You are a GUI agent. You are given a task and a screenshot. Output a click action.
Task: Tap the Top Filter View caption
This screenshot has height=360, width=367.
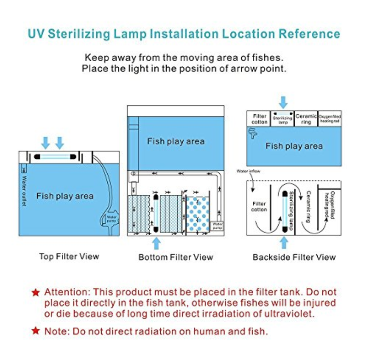[69, 256]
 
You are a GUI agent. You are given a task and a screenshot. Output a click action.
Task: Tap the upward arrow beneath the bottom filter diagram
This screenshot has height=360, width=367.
[157, 243]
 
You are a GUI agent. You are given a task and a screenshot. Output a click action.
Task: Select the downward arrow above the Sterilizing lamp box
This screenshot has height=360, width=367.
[283, 102]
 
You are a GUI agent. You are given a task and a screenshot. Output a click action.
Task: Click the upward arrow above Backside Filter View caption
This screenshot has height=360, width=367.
[284, 242]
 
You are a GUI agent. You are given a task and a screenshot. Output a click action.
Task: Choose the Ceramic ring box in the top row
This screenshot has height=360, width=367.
[306, 119]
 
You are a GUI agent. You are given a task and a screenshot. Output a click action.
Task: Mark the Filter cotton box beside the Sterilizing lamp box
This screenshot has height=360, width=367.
[259, 119]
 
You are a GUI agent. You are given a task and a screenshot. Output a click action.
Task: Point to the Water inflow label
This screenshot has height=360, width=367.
[248, 171]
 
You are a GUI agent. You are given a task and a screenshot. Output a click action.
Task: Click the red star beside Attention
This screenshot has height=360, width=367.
[35, 292]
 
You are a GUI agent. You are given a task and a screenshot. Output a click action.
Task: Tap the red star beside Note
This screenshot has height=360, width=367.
[35, 331]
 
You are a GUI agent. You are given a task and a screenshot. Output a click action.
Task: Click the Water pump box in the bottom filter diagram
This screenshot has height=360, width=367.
[217, 226]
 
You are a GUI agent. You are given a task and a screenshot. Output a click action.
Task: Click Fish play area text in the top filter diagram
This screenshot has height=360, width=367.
[65, 196]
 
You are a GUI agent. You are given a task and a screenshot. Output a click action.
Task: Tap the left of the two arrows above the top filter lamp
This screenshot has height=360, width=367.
[45, 142]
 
